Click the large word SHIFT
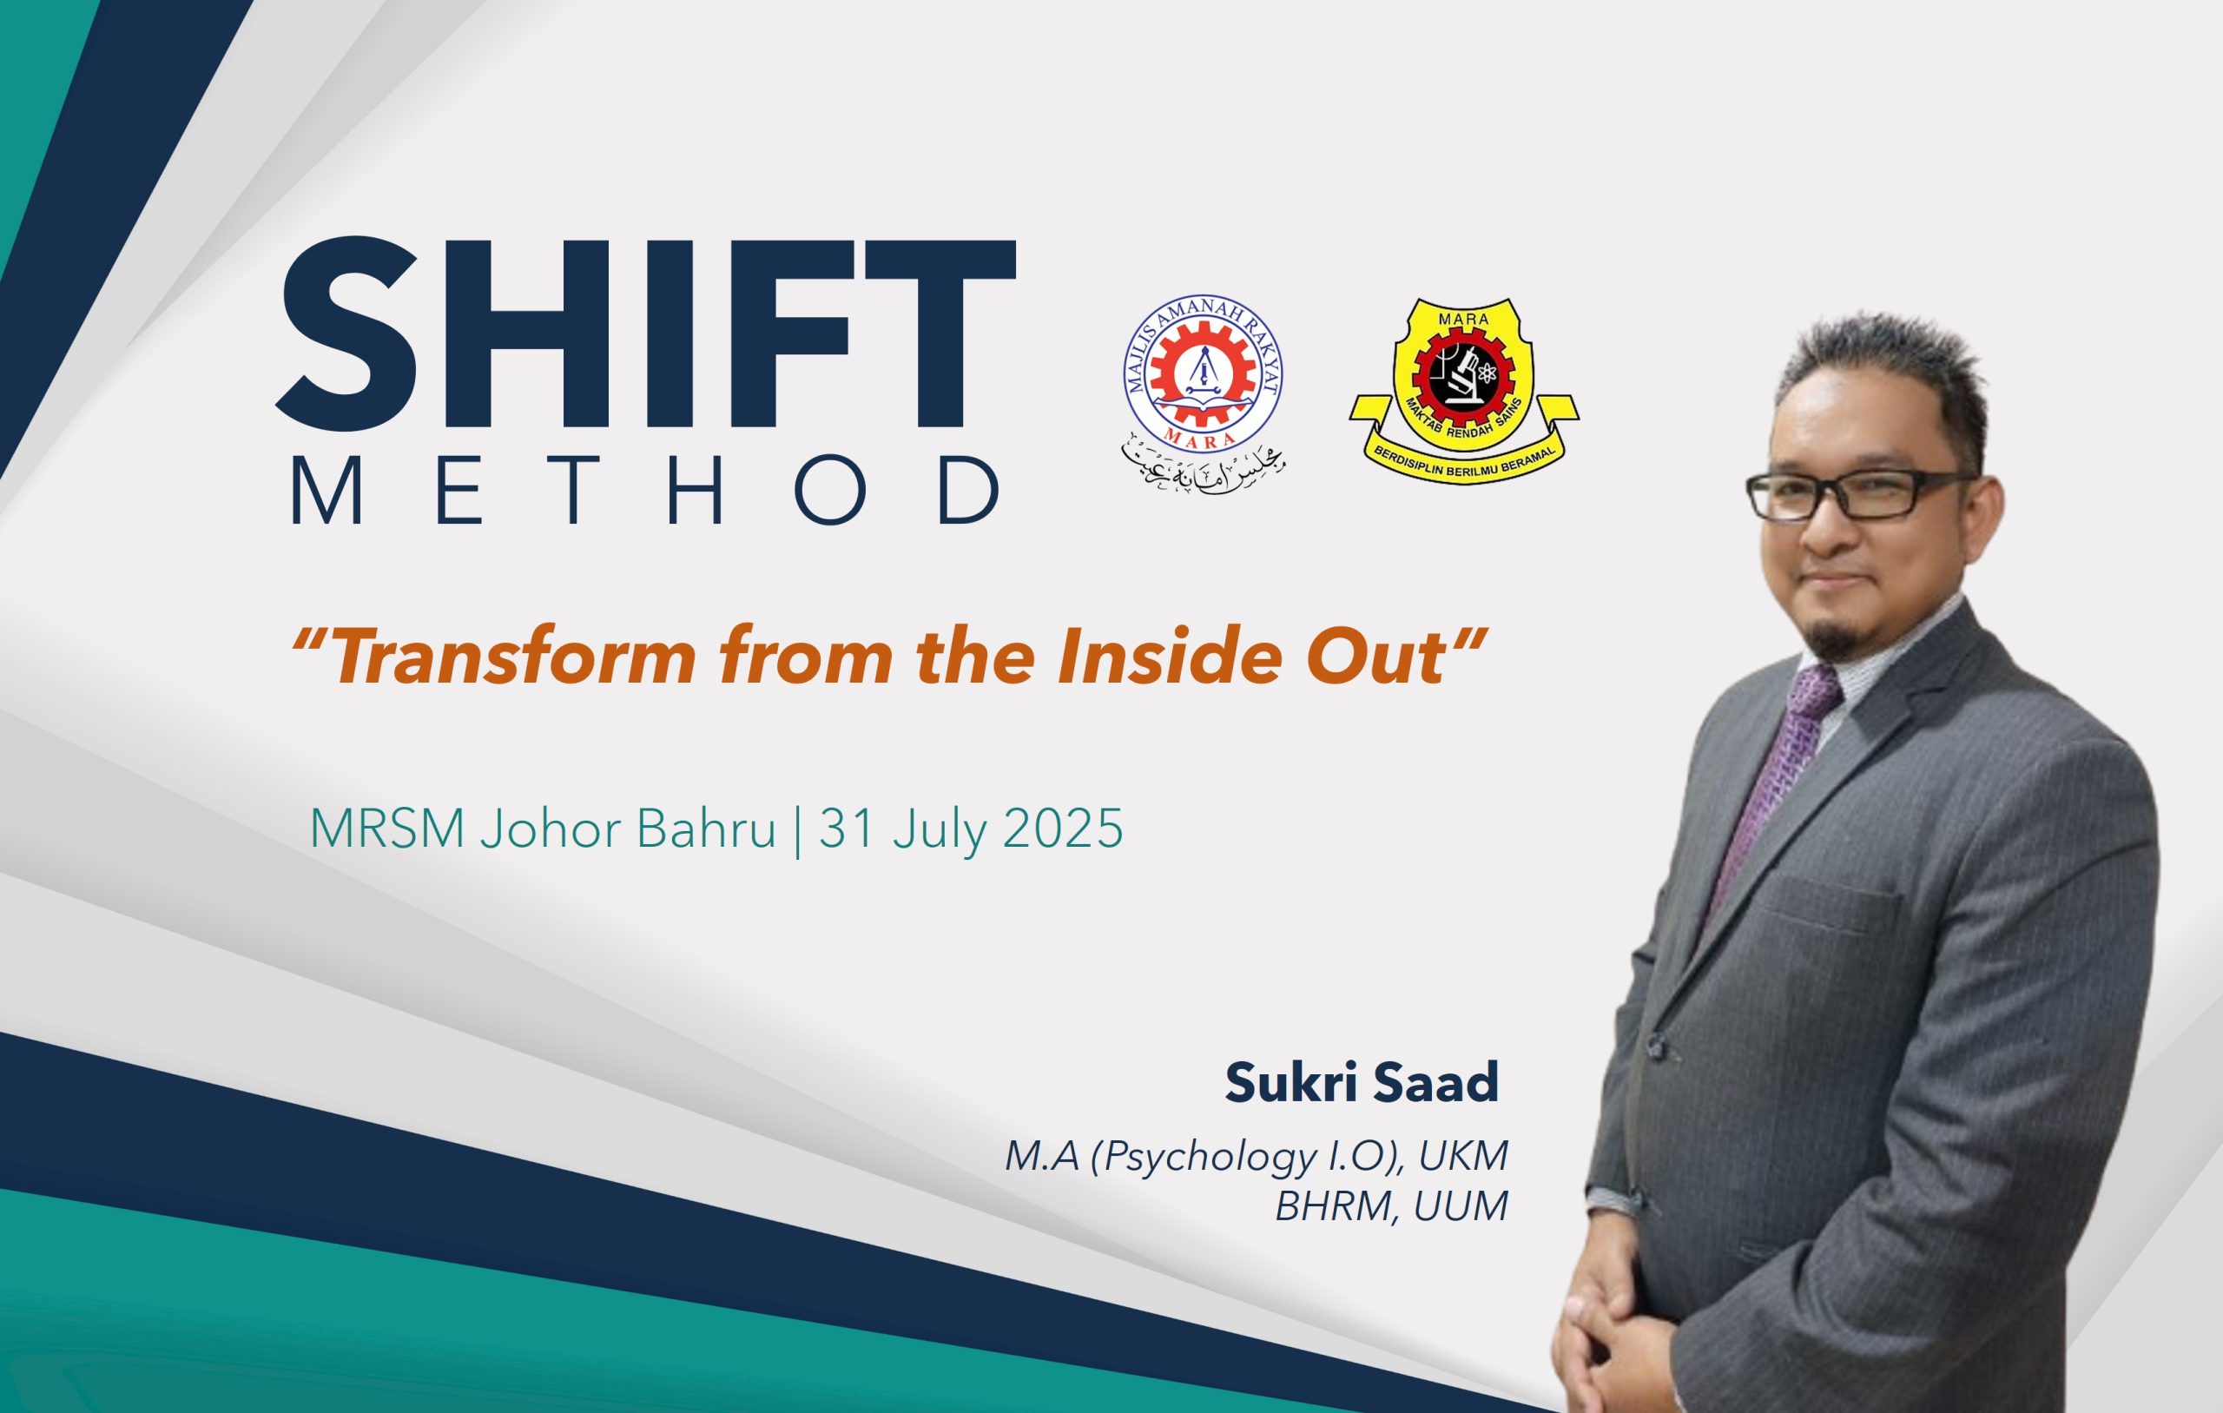646,333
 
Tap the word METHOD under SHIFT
646,490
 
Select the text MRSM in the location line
386,829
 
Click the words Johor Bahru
628,829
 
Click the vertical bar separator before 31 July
798,829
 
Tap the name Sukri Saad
1361,1082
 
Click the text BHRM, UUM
1391,1206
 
